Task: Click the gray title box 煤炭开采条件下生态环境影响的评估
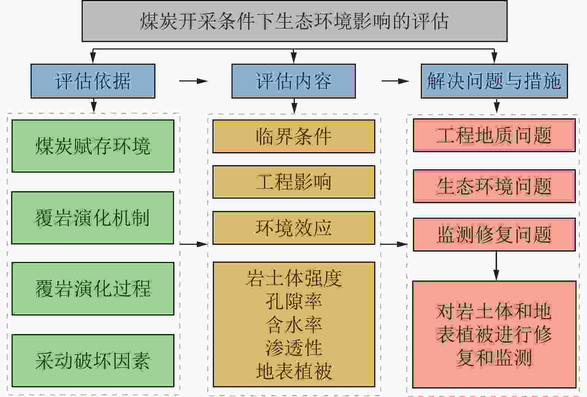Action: point(294,21)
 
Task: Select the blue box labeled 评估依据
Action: point(93,81)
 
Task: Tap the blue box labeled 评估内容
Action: point(293,81)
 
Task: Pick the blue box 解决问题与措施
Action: point(494,81)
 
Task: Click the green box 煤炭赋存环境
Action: point(93,146)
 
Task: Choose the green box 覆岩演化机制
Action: point(93,218)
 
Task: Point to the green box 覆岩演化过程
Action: point(93,289)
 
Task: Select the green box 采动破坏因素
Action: point(93,361)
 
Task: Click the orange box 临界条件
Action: point(293,136)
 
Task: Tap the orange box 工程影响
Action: point(293,182)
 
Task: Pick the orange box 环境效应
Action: point(293,228)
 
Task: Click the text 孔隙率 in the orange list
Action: point(293,301)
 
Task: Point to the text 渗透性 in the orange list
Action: point(293,348)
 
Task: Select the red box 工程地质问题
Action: point(494,135)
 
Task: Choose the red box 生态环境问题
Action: point(494,186)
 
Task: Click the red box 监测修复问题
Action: point(494,234)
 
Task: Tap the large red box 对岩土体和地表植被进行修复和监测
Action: point(494,334)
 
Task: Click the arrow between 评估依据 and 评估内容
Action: point(193,81)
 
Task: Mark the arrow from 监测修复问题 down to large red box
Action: point(496,266)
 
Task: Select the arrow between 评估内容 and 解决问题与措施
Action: point(395,81)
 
